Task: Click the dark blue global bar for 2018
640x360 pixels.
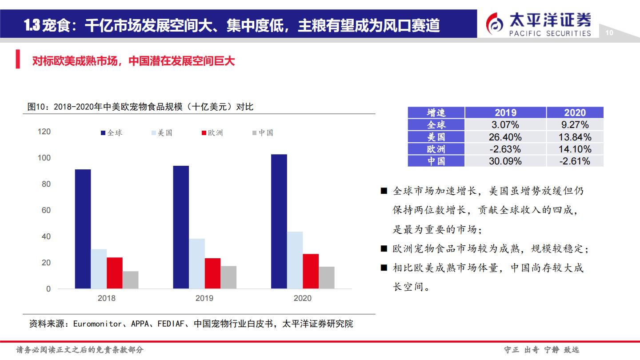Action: pyautogui.click(x=83, y=229)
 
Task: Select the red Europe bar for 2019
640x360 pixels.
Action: pyautogui.click(x=212, y=273)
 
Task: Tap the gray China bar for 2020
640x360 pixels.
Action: pyautogui.click(x=327, y=278)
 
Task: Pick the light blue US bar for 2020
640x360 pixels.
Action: pyautogui.click(x=295, y=260)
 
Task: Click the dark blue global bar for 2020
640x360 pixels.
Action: pyautogui.click(x=279, y=221)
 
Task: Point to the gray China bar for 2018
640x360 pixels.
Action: pyautogui.click(x=131, y=280)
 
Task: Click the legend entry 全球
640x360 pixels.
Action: pyautogui.click(x=112, y=133)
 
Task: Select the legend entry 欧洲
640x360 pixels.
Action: pyautogui.click(x=212, y=133)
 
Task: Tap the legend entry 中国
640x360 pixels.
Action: pyautogui.click(x=263, y=133)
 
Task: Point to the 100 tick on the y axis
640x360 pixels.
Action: pyautogui.click(x=44, y=158)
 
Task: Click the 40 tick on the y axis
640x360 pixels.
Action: pyautogui.click(x=46, y=236)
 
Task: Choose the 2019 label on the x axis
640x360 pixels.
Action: pyautogui.click(x=204, y=298)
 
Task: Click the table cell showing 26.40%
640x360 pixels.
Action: pyautogui.click(x=505, y=137)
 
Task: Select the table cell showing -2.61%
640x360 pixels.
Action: pyautogui.click(x=575, y=161)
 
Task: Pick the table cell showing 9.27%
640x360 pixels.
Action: pyautogui.click(x=575, y=125)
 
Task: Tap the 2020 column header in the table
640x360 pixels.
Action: pyautogui.click(x=575, y=112)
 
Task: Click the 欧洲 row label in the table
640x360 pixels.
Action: pyautogui.click(x=436, y=149)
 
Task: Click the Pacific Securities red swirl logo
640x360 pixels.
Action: pyautogui.click(x=495, y=24)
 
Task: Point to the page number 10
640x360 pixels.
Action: pyautogui.click(x=609, y=33)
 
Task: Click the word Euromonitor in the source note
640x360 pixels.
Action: pyautogui.click(x=97, y=324)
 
